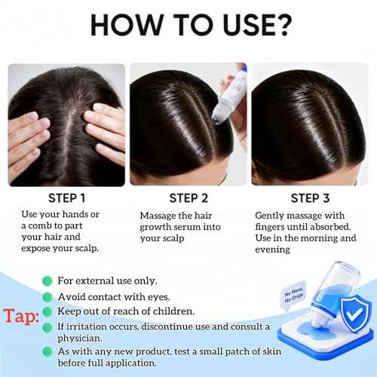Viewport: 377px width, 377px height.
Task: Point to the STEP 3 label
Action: (311, 199)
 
